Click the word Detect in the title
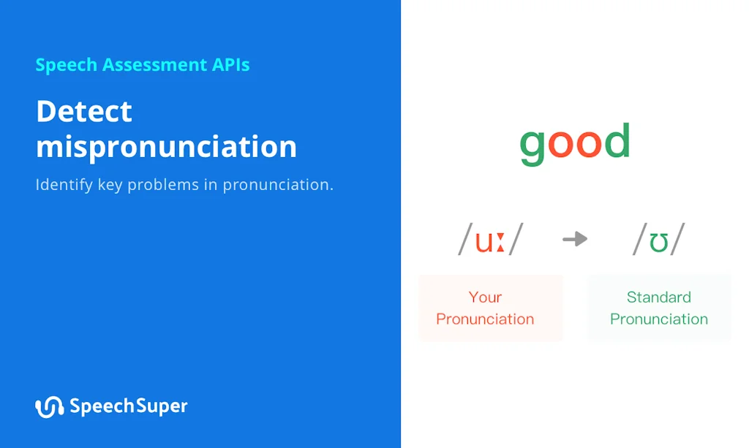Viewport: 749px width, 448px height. (84, 112)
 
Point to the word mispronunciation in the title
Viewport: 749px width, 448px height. (166, 147)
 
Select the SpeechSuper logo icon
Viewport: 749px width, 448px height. (49, 407)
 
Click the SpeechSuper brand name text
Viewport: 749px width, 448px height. (129, 406)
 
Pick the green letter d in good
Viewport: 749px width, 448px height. (617, 142)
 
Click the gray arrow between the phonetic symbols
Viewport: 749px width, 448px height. (575, 239)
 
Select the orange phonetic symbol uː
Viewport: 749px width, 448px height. (489, 240)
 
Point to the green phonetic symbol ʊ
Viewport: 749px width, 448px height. (659, 241)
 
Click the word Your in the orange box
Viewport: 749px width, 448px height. (485, 297)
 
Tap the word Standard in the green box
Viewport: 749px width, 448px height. (658, 297)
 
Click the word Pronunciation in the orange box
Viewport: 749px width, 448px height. (485, 319)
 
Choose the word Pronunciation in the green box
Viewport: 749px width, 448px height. (658, 319)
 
